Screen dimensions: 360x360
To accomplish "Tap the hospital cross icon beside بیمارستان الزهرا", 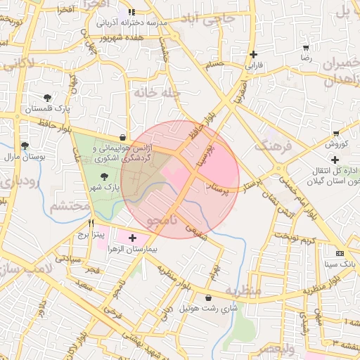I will (132, 239).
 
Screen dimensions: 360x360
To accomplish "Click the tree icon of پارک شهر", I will (104, 176).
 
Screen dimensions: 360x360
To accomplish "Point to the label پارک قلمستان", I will (46, 109).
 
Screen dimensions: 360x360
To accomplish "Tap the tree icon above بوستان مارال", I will (25, 146).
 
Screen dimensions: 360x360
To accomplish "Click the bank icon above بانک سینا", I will (340, 253).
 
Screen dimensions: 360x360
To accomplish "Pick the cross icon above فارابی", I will (254, 54).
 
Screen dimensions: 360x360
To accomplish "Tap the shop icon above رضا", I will (306, 49).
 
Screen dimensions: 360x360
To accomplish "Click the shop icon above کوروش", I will (336, 133).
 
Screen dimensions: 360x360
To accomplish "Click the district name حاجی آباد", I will (206, 20).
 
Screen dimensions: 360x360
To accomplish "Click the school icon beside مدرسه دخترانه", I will (131, 12).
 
